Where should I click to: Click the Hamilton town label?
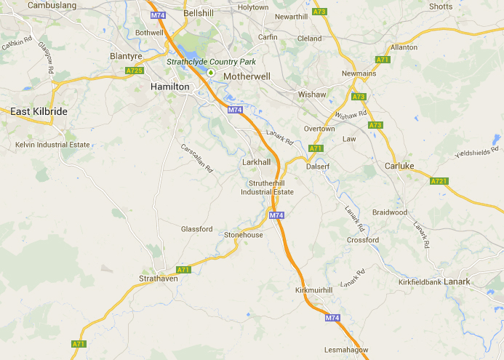[x=169, y=87]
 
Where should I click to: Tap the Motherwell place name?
[x=247, y=76]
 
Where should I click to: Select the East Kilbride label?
[x=39, y=111]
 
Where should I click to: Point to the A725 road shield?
[x=134, y=71]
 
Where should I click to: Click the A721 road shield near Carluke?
[x=439, y=181]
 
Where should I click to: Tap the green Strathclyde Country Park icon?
[x=211, y=73]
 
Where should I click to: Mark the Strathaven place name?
[x=159, y=279]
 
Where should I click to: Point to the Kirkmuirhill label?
[x=313, y=290]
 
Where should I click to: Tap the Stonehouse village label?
[x=244, y=235]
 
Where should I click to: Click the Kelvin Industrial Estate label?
[x=52, y=145]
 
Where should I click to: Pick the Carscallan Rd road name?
[x=196, y=156]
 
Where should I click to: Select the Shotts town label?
[x=441, y=7]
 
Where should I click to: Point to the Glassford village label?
[x=196, y=229]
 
